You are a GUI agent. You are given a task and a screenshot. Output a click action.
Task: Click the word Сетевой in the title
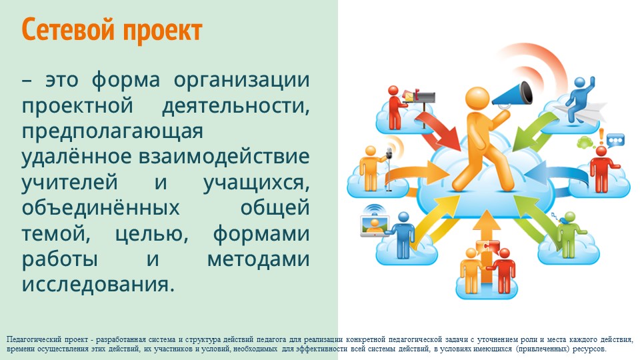[x=69, y=29]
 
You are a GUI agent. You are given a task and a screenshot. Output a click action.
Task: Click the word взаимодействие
[x=224, y=156]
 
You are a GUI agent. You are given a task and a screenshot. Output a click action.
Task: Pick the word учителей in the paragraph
[x=69, y=183]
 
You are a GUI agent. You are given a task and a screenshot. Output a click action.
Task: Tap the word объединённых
[x=101, y=208]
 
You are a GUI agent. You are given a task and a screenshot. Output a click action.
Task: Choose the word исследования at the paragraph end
[x=98, y=284]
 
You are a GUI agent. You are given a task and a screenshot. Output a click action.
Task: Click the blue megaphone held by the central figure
[x=512, y=94]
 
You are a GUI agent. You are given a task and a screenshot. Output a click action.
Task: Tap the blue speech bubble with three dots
[x=615, y=141]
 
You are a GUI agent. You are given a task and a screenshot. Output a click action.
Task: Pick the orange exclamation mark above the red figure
[x=601, y=136]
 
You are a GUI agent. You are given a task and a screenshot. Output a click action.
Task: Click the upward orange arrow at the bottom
[x=486, y=245]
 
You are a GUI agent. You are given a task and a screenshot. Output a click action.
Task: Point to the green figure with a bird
[x=569, y=234]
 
